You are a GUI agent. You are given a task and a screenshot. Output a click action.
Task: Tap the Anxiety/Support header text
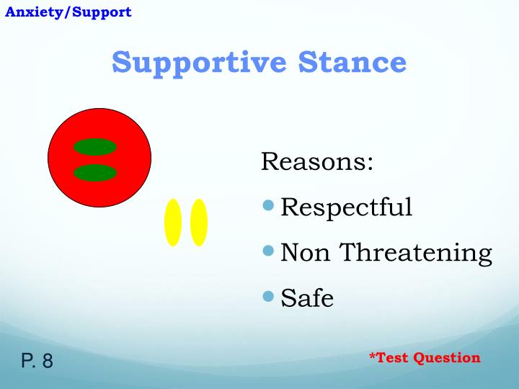[68, 12]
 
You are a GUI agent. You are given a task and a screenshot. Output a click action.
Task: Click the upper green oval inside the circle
[95, 147]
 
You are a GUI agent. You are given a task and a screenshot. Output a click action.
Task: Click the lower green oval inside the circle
[95, 173]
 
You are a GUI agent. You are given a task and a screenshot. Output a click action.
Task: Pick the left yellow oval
[173, 222]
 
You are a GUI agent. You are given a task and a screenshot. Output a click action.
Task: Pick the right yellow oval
[199, 222]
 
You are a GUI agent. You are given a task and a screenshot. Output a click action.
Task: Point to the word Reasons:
[317, 161]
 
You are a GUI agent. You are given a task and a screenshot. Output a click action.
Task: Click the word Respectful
[346, 207]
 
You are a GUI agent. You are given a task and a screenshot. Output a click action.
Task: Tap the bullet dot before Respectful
[269, 206]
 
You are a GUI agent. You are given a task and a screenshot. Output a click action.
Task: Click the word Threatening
[416, 253]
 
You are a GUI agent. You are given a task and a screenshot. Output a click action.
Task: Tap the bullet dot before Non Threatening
[269, 251]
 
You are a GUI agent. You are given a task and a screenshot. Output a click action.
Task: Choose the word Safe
[307, 298]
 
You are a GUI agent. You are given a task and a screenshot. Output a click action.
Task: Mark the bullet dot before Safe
[269, 296]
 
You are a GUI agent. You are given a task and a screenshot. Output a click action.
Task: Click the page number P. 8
[37, 360]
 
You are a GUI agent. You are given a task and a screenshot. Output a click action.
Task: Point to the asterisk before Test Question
[373, 356]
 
